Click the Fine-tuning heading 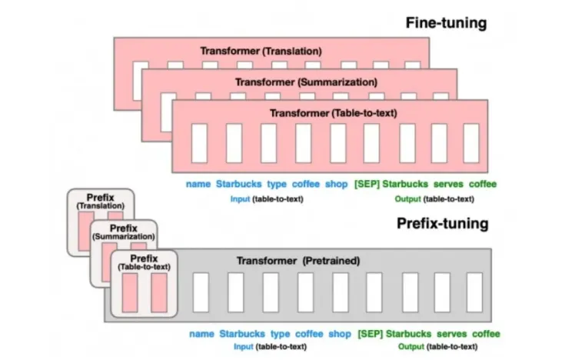[446, 22]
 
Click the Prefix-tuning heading [442, 224]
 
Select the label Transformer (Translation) [261, 51]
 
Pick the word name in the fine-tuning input [198, 184]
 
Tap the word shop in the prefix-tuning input [339, 334]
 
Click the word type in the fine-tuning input [276, 184]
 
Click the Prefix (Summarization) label [123, 232]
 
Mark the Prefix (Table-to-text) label [144, 262]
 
